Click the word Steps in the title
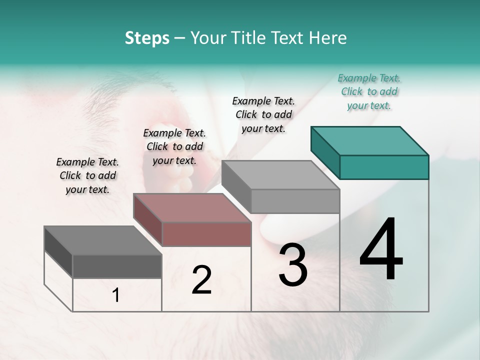pyautogui.click(x=147, y=38)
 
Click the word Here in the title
pyautogui.click(x=328, y=38)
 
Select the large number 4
pyautogui.click(x=381, y=249)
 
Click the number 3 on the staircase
pyautogui.click(x=293, y=265)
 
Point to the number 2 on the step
pyautogui.click(x=201, y=280)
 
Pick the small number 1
pyautogui.click(x=116, y=295)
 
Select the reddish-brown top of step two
pyautogui.click(x=192, y=208)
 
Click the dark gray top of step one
pyautogui.click(x=103, y=240)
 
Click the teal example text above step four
pyautogui.click(x=369, y=91)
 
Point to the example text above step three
pyautogui.click(x=263, y=114)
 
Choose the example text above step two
pyautogui.click(x=174, y=146)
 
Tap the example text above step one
pyautogui.click(x=87, y=175)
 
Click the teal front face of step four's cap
pyautogui.click(x=384, y=167)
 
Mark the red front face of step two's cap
pyautogui.click(x=206, y=234)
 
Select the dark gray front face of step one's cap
pyautogui.click(x=117, y=266)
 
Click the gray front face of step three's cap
pyautogui.click(x=295, y=201)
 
